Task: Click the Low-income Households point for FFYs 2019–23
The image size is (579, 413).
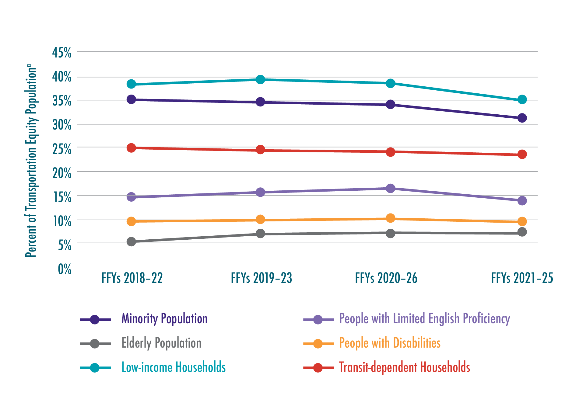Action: coord(260,80)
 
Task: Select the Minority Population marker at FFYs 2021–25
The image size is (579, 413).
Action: coord(522,118)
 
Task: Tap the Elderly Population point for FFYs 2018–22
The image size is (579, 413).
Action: coord(131,242)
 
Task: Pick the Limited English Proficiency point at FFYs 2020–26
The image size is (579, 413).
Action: coord(391,188)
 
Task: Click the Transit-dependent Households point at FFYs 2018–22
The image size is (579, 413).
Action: coord(131,148)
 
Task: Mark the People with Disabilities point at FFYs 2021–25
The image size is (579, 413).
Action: coord(522,221)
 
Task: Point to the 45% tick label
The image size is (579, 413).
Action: coord(62,53)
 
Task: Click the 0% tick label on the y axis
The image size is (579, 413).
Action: coord(65,269)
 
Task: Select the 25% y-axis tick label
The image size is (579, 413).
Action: coord(62,149)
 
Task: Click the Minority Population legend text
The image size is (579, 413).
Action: coord(164,319)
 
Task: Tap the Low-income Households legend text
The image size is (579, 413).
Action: coord(174,367)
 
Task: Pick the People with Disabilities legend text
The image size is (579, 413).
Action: coord(390,343)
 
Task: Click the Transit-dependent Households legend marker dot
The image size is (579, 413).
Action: coord(318,368)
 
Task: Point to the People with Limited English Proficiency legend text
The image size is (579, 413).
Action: coord(424,319)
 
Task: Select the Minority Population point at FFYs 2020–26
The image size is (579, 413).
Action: coord(391,105)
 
